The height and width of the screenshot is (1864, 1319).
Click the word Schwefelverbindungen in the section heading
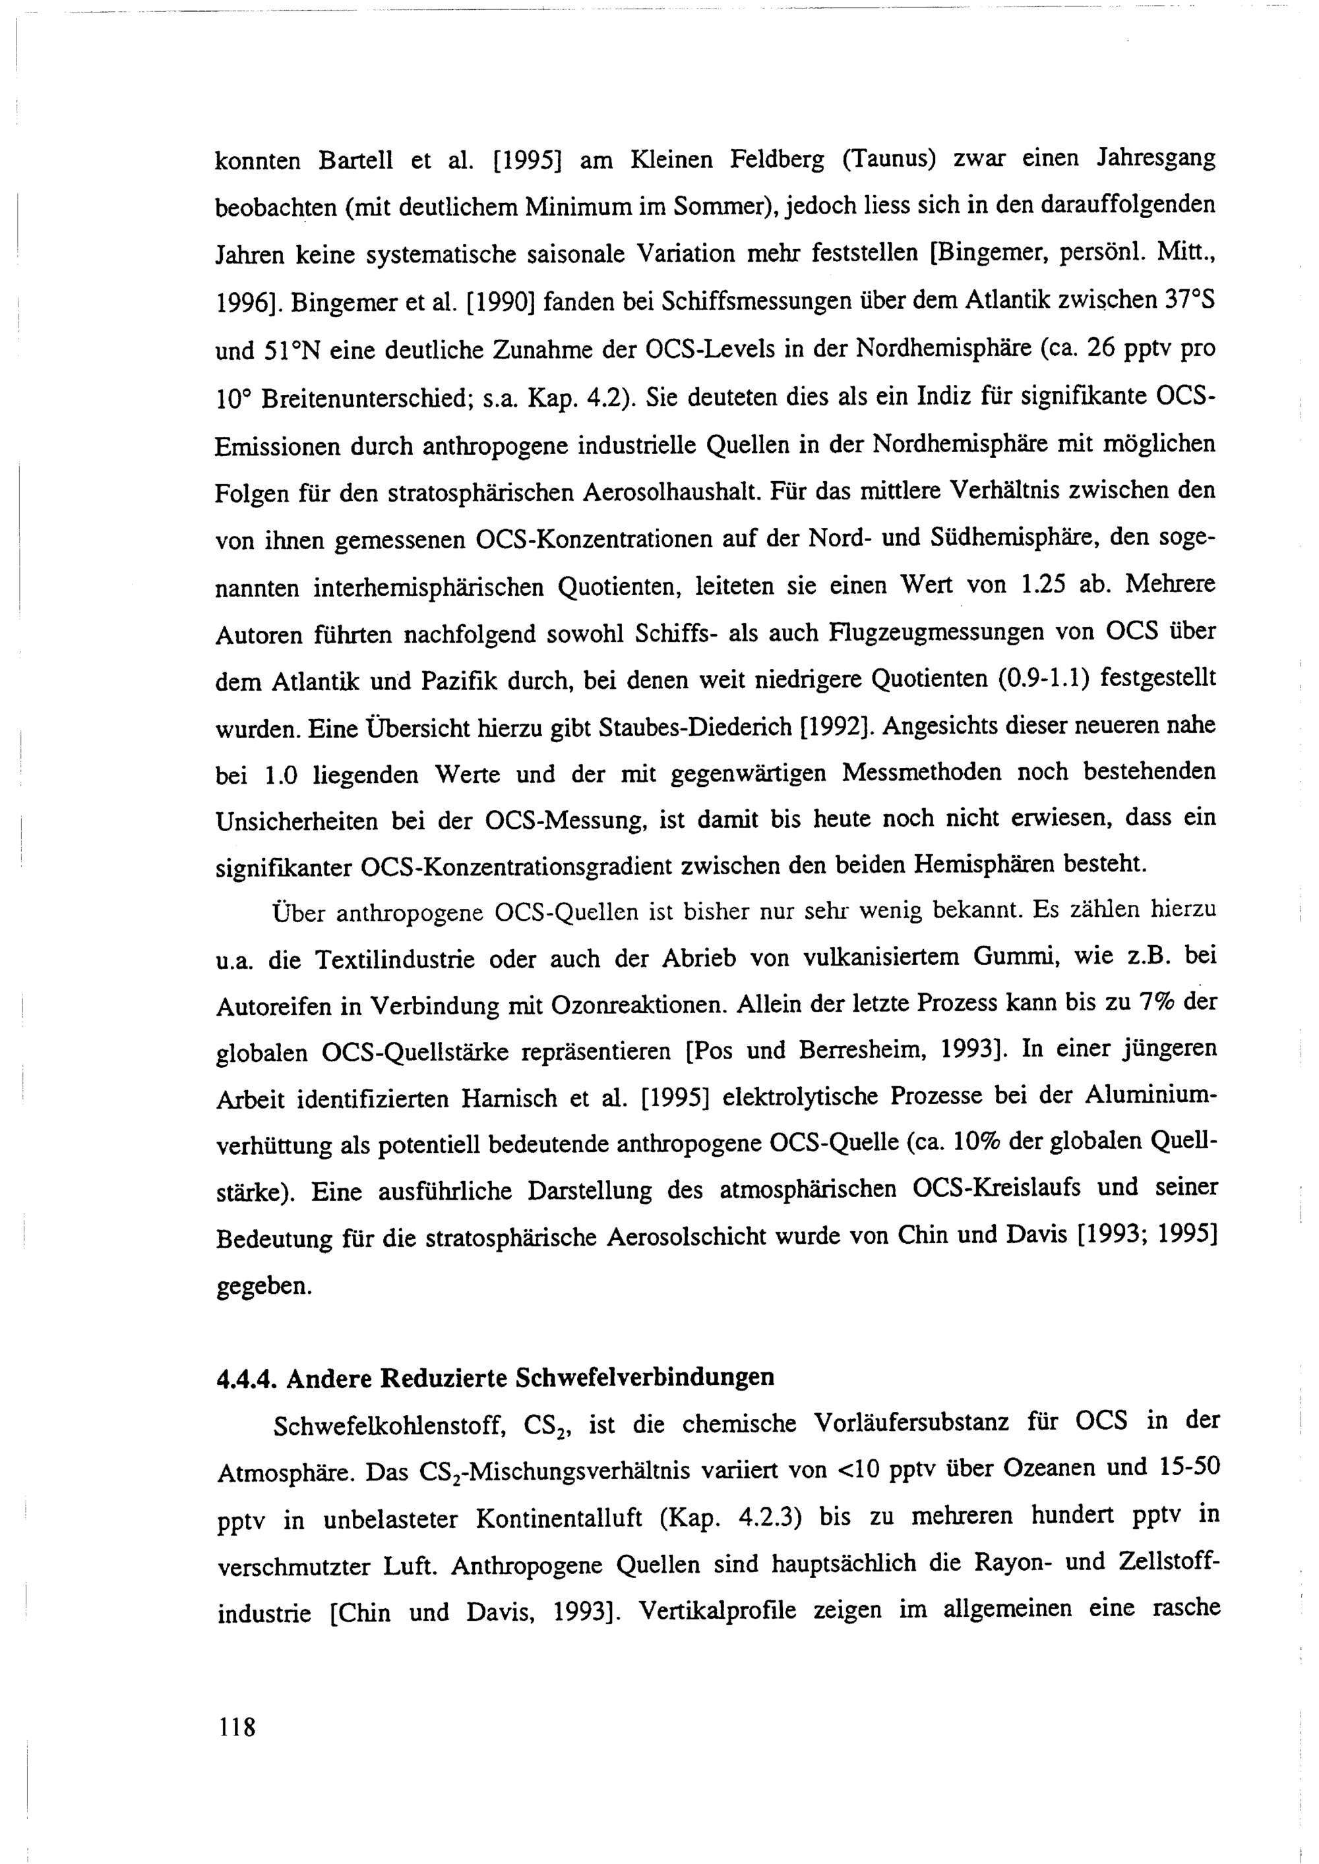(x=645, y=1378)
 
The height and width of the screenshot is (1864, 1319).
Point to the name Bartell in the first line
(x=355, y=160)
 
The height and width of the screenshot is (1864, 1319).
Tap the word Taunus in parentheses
(x=890, y=158)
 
